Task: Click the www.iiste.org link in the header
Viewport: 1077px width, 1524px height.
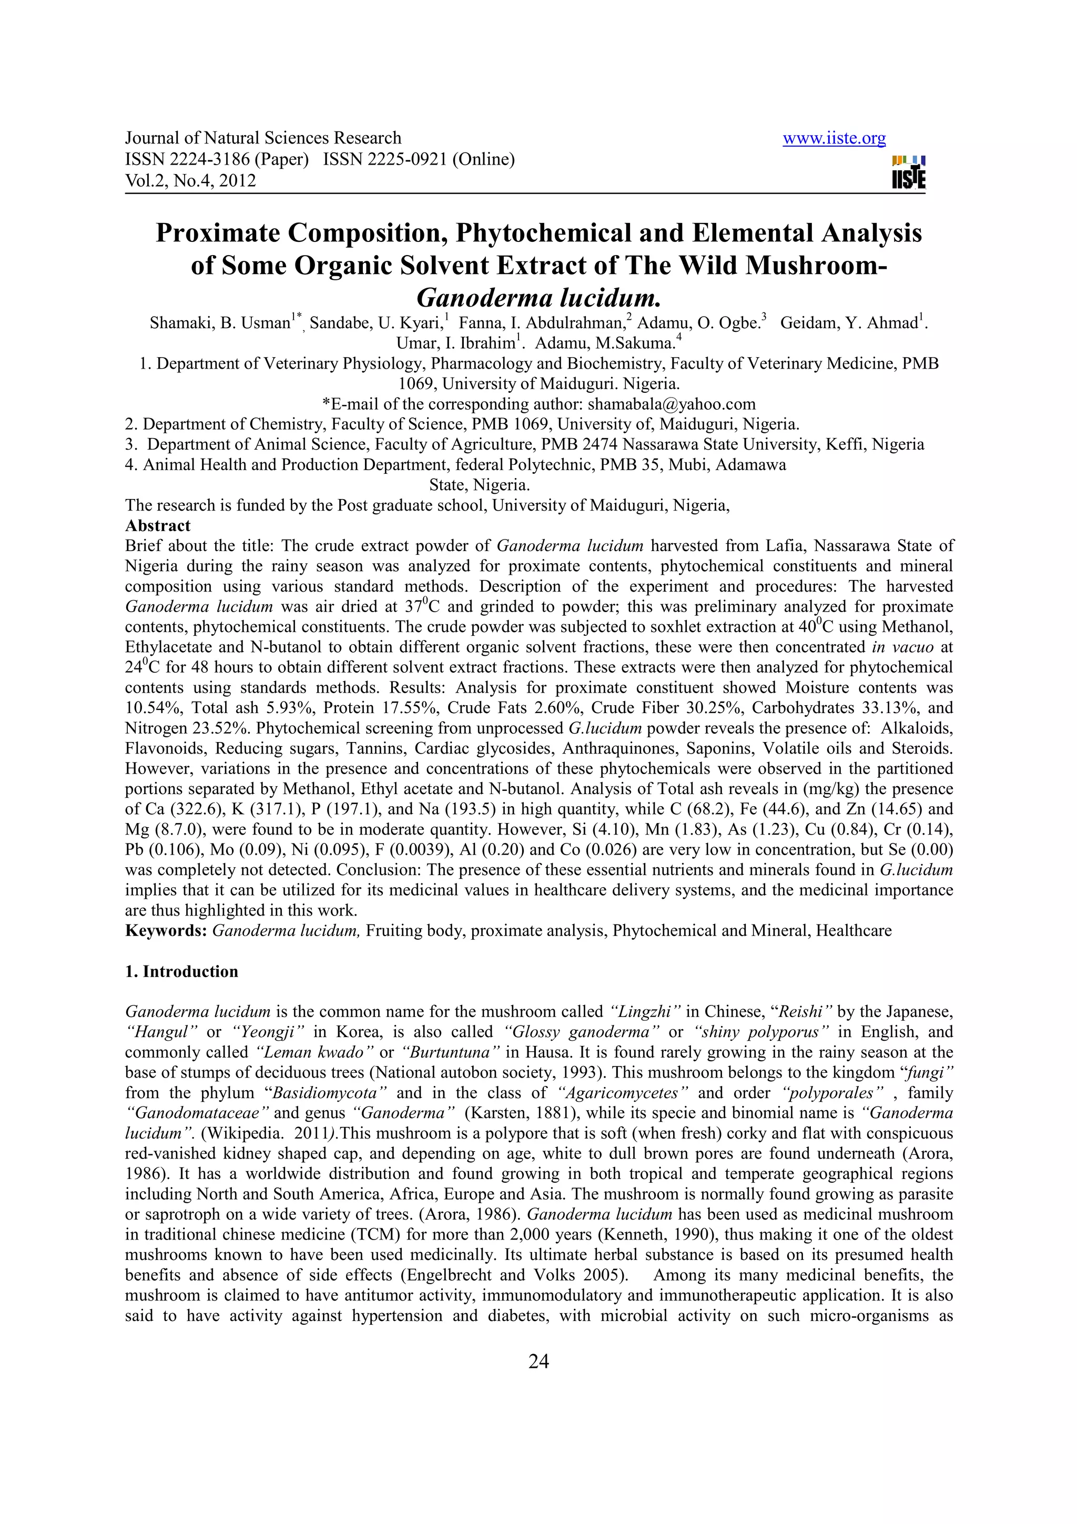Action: (x=834, y=138)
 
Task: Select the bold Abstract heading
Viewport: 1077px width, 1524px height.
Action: (x=158, y=526)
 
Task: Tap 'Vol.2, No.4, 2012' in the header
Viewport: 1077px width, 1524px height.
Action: (x=190, y=180)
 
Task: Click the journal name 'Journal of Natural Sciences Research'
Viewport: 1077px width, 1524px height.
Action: (x=263, y=138)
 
